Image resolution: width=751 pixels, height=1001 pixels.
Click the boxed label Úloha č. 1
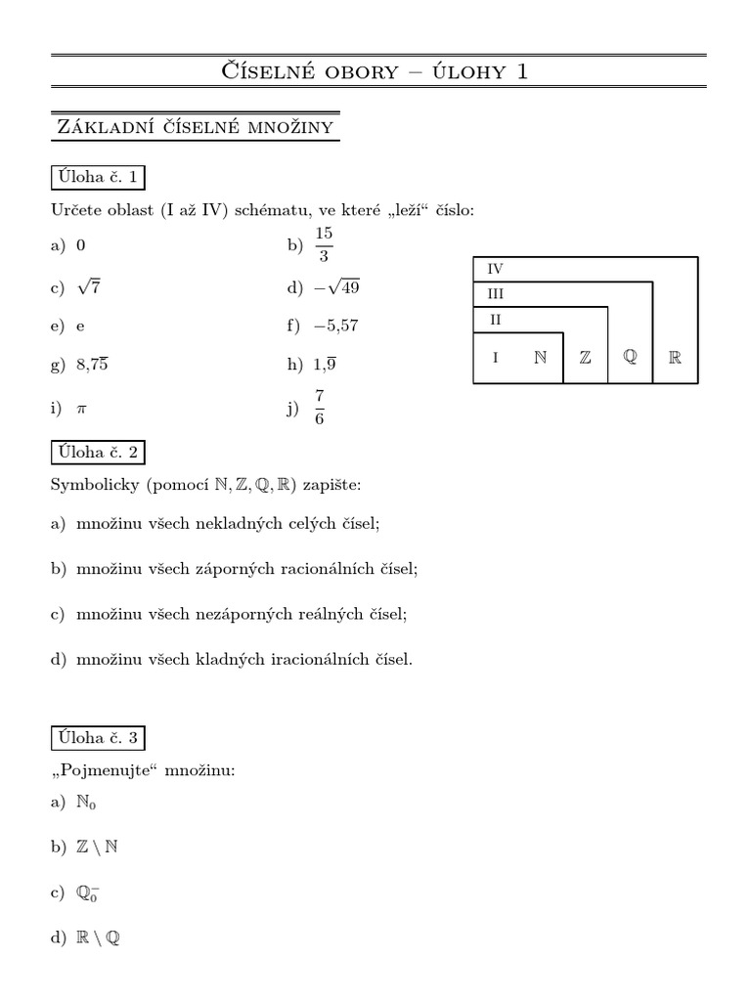(97, 177)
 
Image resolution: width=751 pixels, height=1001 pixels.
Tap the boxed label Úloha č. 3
(97, 737)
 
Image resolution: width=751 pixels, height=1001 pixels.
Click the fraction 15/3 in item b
(325, 244)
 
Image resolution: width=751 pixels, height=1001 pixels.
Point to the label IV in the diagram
(495, 269)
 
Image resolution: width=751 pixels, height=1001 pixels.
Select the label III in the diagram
(495, 293)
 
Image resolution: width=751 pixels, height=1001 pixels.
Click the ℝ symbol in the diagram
(675, 358)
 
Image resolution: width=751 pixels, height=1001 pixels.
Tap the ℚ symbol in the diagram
(630, 358)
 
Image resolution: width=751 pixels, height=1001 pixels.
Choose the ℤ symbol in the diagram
(585, 358)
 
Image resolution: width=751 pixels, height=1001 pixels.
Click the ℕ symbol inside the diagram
(540, 358)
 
